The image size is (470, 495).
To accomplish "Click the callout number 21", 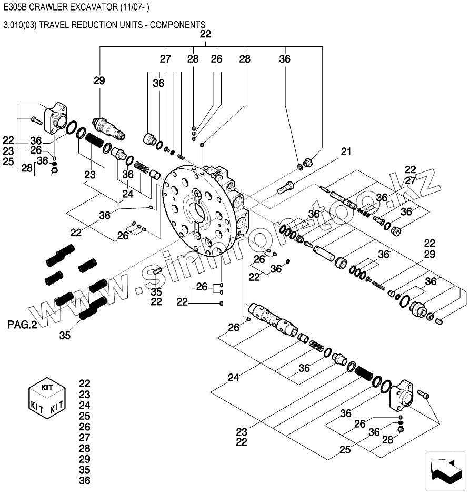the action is [x=346, y=152].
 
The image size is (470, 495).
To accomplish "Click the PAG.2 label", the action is [x=22, y=325].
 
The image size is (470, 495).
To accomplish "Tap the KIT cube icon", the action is [x=47, y=398].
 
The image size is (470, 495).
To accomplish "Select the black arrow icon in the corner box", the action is [x=445, y=471].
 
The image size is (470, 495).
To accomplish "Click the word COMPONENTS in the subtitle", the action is [x=177, y=25].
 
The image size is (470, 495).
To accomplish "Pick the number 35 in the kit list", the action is [x=85, y=470].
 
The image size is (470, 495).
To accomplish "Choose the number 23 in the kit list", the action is [x=85, y=395].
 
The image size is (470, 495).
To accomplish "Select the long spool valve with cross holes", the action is [x=273, y=320].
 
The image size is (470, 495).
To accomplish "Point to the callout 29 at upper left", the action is [x=99, y=81].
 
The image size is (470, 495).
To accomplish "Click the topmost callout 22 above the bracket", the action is [x=205, y=34].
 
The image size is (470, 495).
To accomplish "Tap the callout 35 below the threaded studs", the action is [x=65, y=336].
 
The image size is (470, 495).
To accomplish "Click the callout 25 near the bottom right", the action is [x=345, y=450].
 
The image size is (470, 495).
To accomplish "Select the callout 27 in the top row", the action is [x=165, y=59].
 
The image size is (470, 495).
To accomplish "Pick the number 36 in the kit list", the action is [x=85, y=480].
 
